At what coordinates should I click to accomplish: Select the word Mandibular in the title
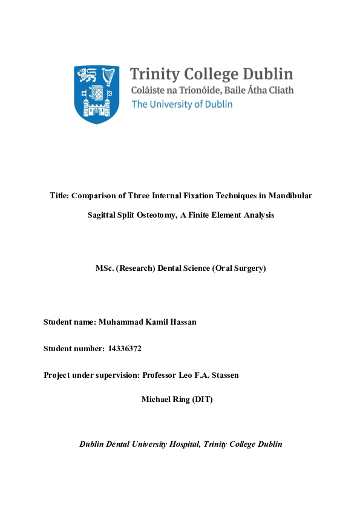[290, 196]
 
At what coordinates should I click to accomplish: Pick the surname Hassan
[182, 322]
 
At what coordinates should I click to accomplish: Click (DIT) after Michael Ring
[202, 400]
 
